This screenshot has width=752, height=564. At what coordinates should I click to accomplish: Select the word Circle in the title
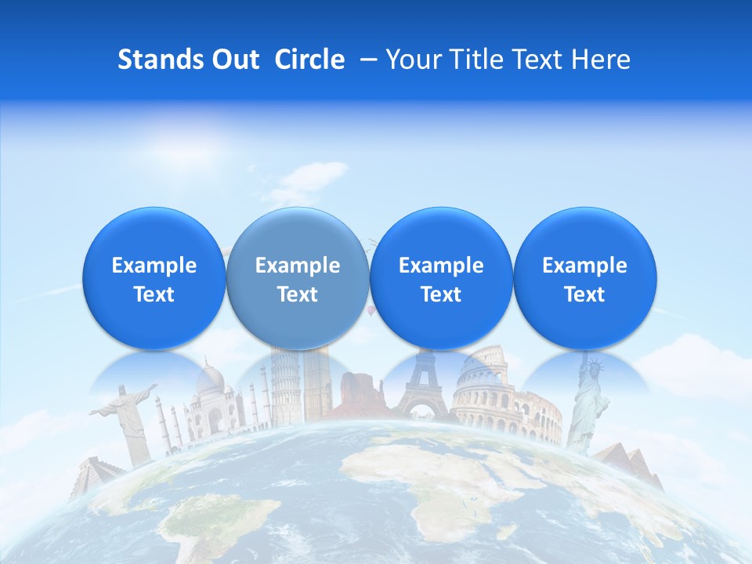(310, 60)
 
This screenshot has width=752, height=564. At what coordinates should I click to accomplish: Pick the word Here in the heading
(602, 60)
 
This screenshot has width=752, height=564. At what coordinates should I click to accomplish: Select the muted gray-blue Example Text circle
(298, 279)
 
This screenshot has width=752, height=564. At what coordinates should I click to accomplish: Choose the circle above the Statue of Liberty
(584, 279)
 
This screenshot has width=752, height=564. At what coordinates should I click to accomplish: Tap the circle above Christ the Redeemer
(154, 279)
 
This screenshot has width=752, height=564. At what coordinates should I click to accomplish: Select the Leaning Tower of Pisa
(281, 388)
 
